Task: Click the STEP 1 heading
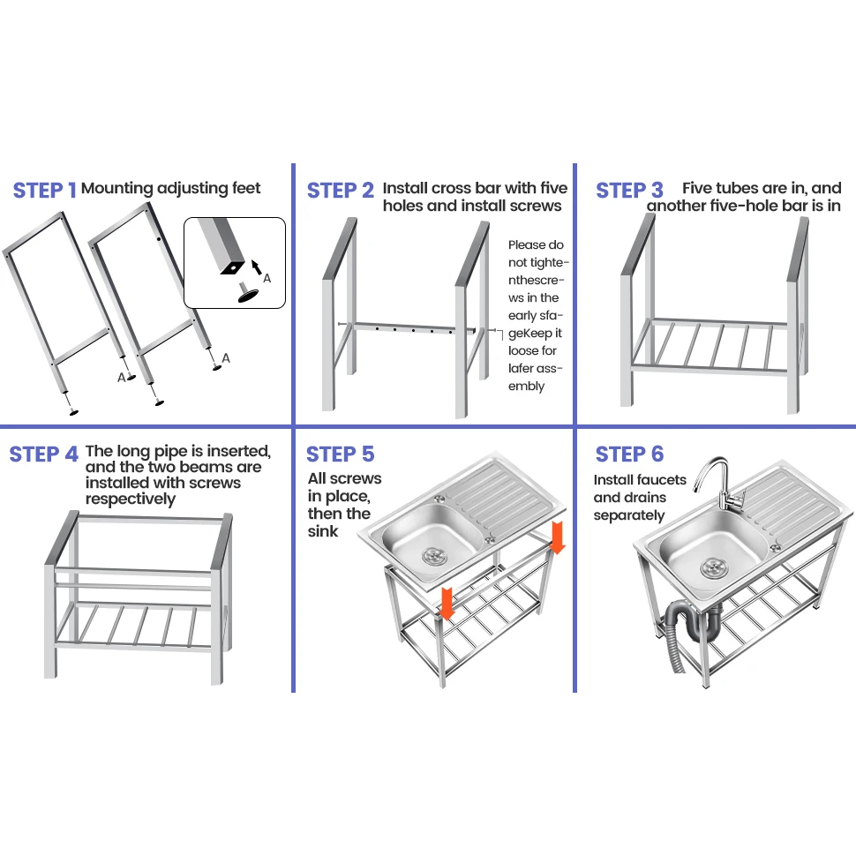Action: (44, 191)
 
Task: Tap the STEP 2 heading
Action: (341, 191)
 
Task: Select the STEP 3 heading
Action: (629, 191)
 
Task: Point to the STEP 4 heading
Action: (43, 454)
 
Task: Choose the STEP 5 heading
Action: (340, 454)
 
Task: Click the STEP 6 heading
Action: (629, 454)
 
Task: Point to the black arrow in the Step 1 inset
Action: (256, 264)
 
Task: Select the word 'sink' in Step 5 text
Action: (323, 531)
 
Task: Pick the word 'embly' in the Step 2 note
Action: (527, 387)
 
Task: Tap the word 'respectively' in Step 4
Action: (130, 499)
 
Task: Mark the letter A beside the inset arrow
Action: (267, 278)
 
